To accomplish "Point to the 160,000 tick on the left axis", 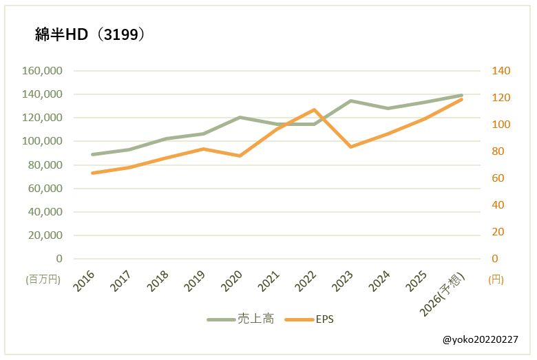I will click(43, 71).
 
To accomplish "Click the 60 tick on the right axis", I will click(496, 178).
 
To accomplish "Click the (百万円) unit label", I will click(43, 279).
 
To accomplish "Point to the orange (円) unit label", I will click(496, 279).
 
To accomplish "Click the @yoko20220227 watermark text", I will click(481, 340).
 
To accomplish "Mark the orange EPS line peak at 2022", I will click(314, 109).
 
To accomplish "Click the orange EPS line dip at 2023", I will click(351, 147).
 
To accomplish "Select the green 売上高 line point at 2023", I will click(351, 101).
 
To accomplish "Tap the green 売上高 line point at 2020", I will click(240, 117).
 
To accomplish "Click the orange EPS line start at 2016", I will click(92, 173).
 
